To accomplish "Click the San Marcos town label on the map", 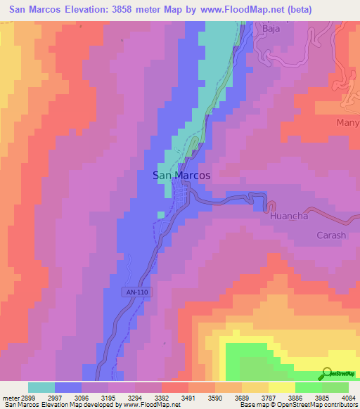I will click(181, 176).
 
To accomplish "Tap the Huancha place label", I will click(289, 216).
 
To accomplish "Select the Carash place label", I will click(331, 235).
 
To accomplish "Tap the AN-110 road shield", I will click(139, 292).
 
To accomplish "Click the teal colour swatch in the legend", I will click(41, 387).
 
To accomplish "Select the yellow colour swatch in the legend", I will click(281, 387).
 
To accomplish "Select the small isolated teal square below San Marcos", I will click(161, 214).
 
